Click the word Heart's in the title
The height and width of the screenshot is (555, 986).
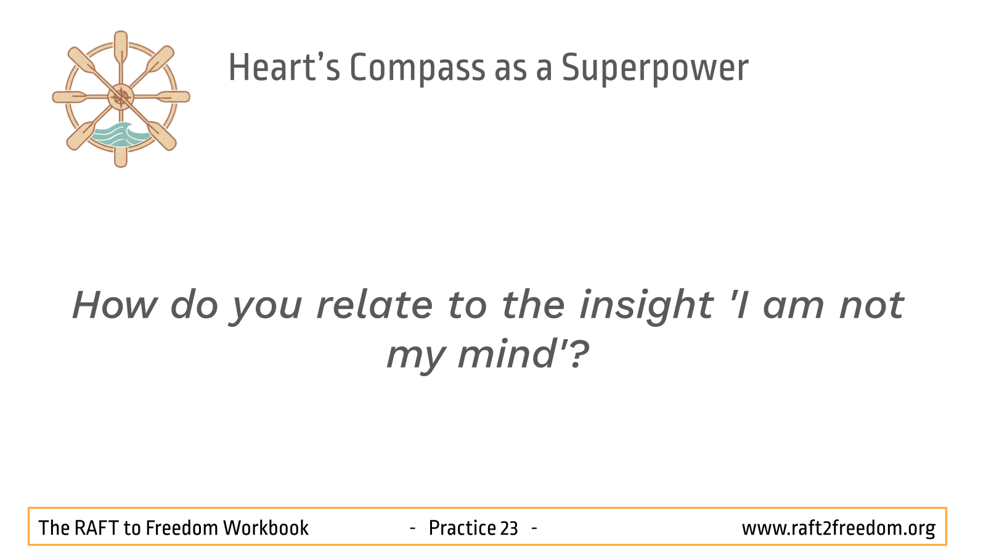(x=284, y=67)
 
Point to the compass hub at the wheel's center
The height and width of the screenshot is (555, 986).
(x=121, y=97)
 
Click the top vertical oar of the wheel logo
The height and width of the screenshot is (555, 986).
(x=121, y=49)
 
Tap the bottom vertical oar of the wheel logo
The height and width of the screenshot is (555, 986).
(x=121, y=146)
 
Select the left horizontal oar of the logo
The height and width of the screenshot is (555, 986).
(x=80, y=97)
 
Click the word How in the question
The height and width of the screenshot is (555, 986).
(x=115, y=305)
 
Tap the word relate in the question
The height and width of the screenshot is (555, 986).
(x=375, y=305)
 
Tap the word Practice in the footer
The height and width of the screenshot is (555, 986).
(x=462, y=528)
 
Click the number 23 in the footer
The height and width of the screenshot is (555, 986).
(x=509, y=528)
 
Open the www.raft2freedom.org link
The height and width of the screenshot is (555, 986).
(x=839, y=528)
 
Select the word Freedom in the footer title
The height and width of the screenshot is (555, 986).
(x=182, y=528)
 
